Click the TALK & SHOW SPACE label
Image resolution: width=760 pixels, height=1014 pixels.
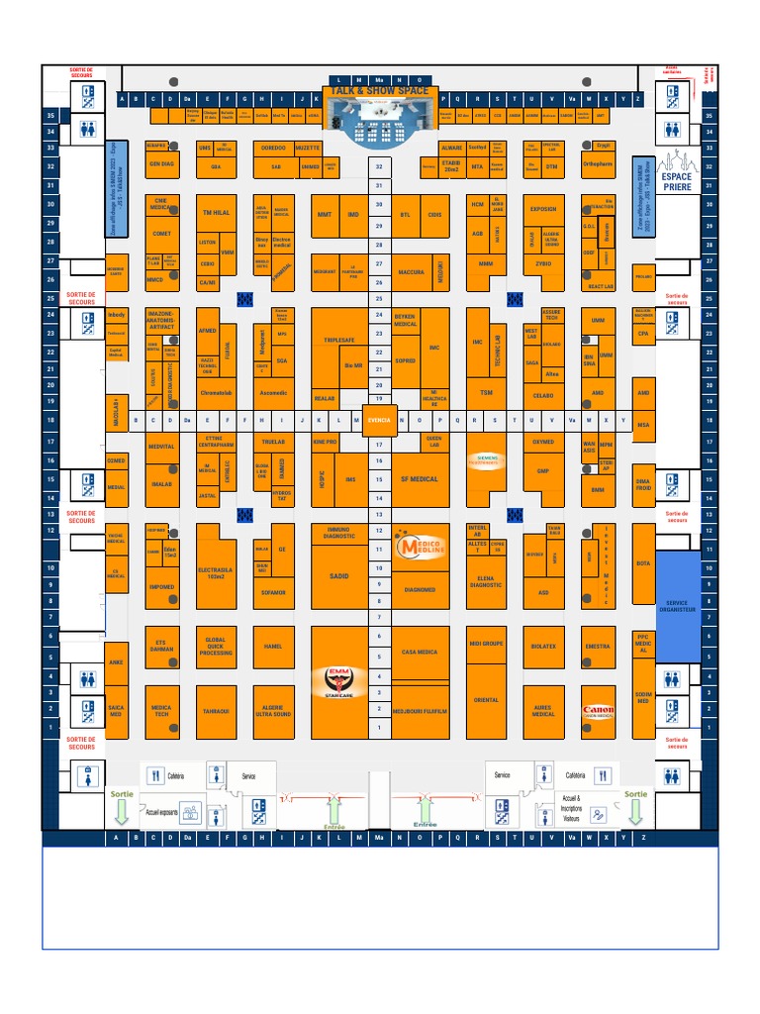[x=380, y=90]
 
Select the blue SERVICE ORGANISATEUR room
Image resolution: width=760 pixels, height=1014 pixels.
[x=677, y=607]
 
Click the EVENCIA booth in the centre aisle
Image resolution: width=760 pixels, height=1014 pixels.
[x=379, y=420]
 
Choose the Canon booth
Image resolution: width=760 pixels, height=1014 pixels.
[x=598, y=711]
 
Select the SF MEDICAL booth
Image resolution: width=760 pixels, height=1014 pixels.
[x=419, y=479]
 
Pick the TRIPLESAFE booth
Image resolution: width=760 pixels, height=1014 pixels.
[x=337, y=340]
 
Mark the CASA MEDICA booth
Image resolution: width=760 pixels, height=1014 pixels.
[x=420, y=652]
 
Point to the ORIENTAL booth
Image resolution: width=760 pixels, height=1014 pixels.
[x=486, y=699]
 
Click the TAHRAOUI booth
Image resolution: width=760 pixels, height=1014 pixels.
[x=216, y=711]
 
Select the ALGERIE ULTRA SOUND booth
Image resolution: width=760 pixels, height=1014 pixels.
[x=273, y=711]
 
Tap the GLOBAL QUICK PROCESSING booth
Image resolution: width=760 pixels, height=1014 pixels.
[x=216, y=646]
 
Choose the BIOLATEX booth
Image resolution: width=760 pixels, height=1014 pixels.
[x=543, y=646]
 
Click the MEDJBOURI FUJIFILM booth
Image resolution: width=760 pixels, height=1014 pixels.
[x=420, y=711]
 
